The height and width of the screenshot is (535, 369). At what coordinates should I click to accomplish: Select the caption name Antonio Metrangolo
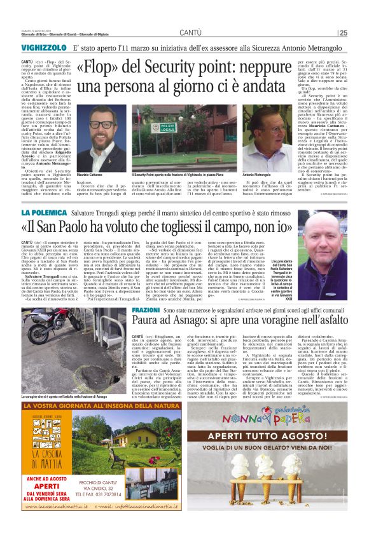[256, 175]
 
